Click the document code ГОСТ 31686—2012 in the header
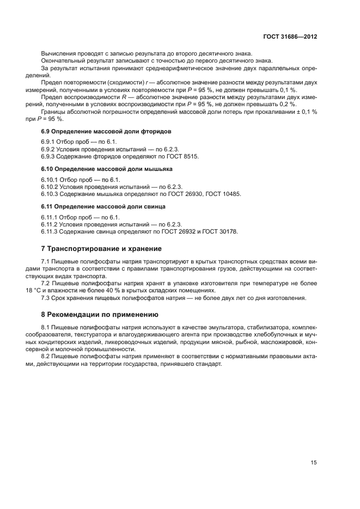pos(290,36)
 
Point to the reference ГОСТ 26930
pos(186,194)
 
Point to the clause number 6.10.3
pos(52,194)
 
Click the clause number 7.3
pos(46,298)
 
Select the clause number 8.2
pos(46,357)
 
